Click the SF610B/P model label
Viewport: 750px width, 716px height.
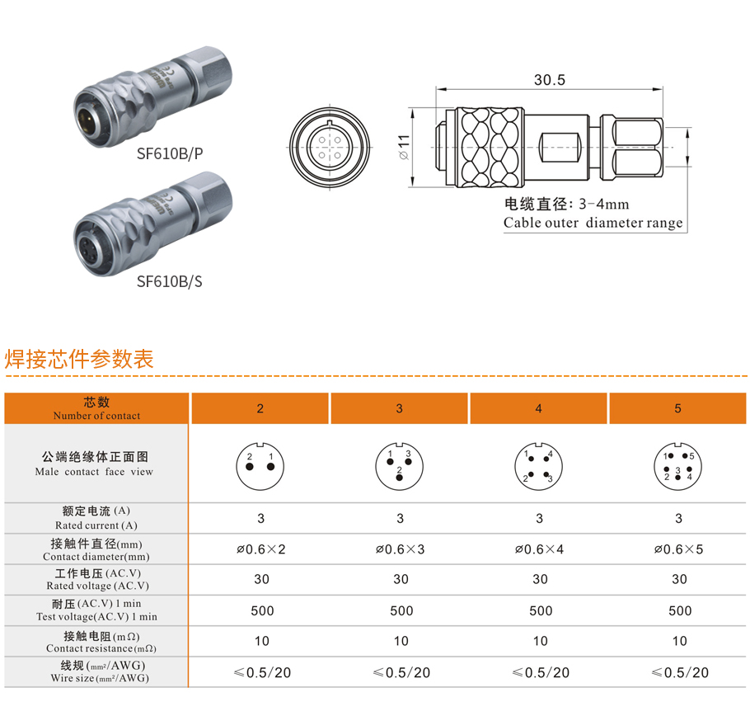click(170, 153)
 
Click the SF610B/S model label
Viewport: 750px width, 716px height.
click(169, 281)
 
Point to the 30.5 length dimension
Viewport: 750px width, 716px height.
click(549, 80)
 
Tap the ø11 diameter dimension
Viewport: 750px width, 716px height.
click(404, 147)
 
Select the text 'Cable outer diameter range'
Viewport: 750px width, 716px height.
click(593, 223)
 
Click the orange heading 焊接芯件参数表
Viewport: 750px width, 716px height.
click(79, 359)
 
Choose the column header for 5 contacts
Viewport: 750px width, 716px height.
click(677, 408)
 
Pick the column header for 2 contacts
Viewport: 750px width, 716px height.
click(260, 408)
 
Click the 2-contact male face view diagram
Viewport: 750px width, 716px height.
click(260, 466)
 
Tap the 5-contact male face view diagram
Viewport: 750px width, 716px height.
click(677, 466)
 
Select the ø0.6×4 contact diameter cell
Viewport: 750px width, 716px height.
click(539, 549)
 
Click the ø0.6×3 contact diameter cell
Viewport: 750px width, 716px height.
click(400, 549)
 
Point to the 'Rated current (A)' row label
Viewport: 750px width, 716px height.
click(96, 525)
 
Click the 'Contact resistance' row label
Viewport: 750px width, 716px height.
click(101, 648)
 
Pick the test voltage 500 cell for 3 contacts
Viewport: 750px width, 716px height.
click(401, 610)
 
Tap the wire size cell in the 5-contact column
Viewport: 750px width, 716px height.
click(680, 672)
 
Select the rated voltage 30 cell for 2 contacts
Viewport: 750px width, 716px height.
click(261, 579)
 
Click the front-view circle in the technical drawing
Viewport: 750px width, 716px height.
click(330, 147)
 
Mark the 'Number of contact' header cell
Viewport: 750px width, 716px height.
click(96, 408)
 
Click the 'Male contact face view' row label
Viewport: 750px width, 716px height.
click(94, 472)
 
